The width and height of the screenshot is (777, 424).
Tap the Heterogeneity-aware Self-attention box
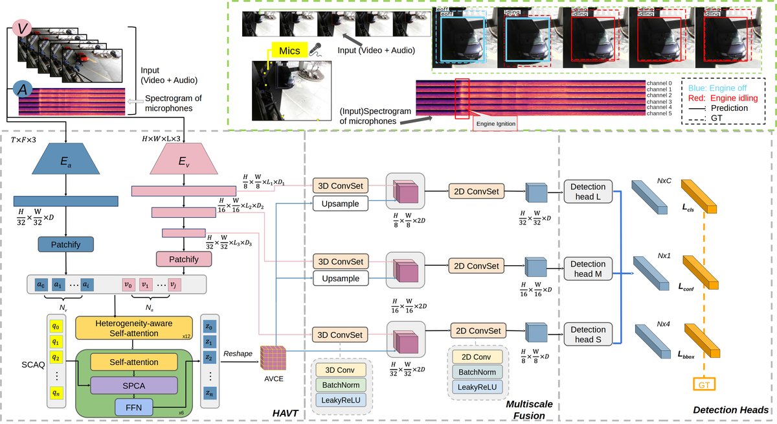point(135,327)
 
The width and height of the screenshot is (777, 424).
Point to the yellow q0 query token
point(57,327)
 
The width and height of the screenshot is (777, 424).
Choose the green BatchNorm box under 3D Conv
point(339,384)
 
